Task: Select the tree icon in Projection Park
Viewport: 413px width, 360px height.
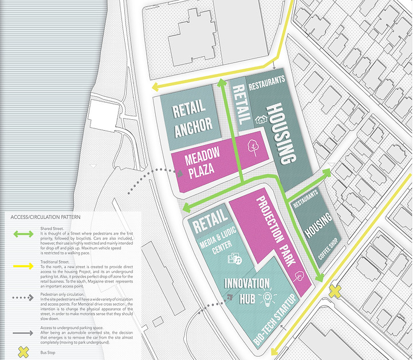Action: click(298, 277)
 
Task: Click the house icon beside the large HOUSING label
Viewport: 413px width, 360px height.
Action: click(262, 120)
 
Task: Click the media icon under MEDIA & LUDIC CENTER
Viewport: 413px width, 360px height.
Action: click(234, 259)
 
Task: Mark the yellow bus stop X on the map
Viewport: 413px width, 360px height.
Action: click(335, 292)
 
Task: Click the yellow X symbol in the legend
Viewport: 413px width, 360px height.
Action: click(23, 351)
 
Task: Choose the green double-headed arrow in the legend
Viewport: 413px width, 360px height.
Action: click(23, 235)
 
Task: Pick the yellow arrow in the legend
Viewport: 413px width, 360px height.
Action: click(23, 266)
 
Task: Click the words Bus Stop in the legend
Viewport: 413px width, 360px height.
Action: click(49, 347)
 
